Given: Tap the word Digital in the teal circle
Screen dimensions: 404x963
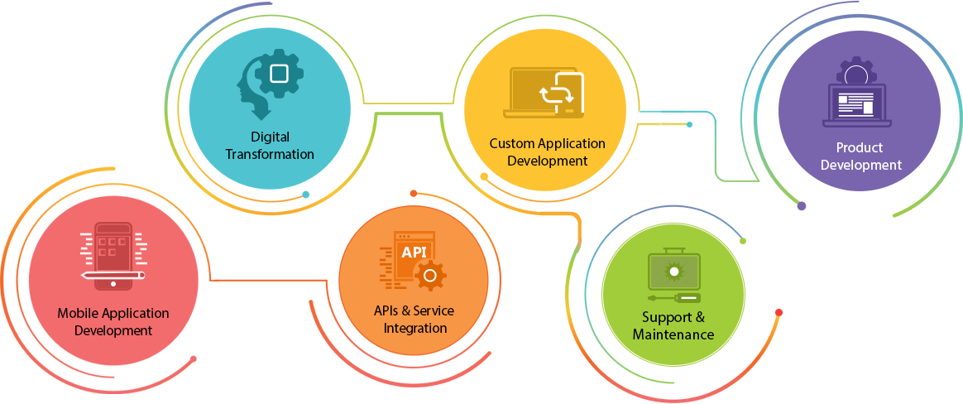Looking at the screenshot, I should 270,137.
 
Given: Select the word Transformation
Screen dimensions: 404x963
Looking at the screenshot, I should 270,154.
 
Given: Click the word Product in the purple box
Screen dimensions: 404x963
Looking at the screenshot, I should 859,147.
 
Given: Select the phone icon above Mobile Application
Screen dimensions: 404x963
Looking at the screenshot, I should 113,254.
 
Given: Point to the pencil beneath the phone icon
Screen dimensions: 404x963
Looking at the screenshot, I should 113,274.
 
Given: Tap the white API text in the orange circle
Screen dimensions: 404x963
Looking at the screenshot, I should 413,251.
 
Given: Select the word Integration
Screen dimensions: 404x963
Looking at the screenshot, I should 415,328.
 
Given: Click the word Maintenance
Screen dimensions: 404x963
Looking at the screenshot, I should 673,334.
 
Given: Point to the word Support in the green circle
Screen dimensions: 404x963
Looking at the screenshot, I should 665,317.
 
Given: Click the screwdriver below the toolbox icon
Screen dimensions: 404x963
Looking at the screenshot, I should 673,297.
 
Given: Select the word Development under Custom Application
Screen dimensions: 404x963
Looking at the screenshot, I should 547,161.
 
